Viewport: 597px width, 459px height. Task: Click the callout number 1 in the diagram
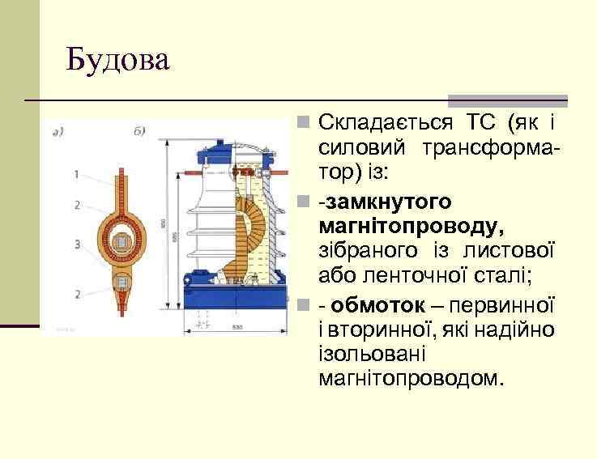(75, 174)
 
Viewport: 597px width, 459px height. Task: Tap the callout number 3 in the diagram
(75, 243)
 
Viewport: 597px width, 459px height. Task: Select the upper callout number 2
(75, 205)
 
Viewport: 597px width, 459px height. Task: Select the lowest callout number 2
(75, 293)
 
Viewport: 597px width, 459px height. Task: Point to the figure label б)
(139, 131)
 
